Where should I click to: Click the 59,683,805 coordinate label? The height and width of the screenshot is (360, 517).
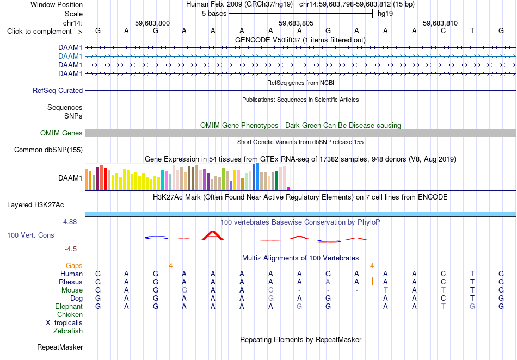[x=296, y=23]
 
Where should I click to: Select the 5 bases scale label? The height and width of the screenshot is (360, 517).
[x=214, y=14]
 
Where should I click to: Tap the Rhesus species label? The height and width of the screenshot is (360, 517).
[x=71, y=282]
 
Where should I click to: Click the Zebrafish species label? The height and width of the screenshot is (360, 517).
[x=68, y=331]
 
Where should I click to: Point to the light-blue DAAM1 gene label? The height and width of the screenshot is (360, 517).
[x=70, y=57]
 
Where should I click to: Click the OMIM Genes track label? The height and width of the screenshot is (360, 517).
[x=61, y=133]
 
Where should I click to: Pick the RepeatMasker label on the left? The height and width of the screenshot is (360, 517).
[x=60, y=347]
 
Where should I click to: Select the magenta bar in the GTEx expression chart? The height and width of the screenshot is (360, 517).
[x=288, y=188]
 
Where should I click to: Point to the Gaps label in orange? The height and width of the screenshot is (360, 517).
[x=74, y=265]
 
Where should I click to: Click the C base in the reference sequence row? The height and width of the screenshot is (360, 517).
[x=443, y=31]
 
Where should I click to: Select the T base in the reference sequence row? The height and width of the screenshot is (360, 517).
[x=472, y=31]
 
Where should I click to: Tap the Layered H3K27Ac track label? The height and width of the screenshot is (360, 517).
[x=35, y=205]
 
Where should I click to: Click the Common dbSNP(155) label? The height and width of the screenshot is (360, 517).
[x=48, y=150]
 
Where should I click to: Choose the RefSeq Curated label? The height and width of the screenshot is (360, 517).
[x=57, y=91]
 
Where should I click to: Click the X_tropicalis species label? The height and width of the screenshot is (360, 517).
[x=64, y=323]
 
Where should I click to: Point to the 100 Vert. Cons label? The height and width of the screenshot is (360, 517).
[x=30, y=235]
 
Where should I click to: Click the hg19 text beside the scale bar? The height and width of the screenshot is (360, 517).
[x=385, y=14]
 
